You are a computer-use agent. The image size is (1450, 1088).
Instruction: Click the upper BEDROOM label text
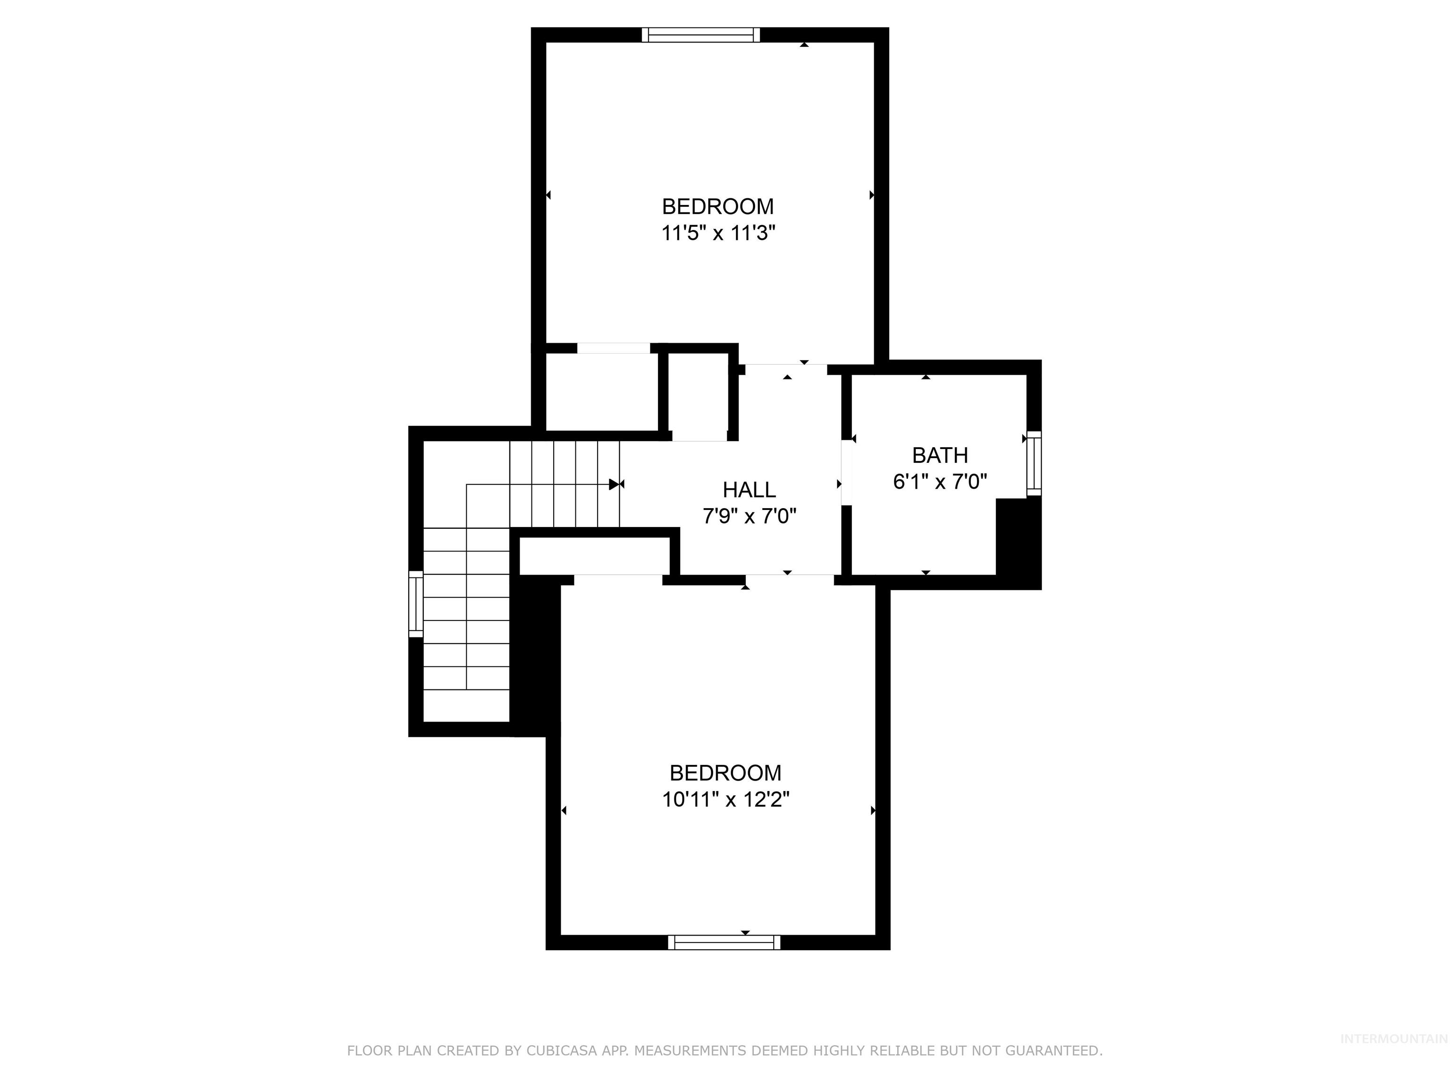718,206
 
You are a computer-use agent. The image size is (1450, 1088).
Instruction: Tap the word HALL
749,490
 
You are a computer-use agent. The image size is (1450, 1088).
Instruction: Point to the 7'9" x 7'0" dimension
749,517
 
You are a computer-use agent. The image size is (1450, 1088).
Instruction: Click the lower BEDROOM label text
725,773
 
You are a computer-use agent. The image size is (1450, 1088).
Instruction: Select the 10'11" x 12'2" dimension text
725,799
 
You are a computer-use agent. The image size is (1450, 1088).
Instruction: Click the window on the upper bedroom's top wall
701,35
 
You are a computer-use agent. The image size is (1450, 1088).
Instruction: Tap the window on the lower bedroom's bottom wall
725,943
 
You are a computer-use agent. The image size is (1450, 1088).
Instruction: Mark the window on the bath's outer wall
1034,463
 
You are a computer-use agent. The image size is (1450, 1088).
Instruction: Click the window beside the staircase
415,604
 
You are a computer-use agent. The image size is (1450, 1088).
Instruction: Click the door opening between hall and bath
846,472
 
